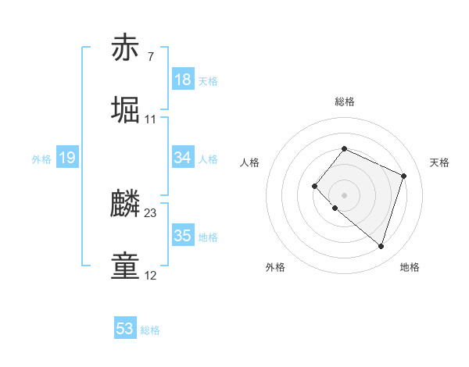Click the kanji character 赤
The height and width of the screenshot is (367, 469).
point(125,48)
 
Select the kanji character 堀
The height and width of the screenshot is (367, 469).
point(125,110)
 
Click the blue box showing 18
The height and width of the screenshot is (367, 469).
point(183,80)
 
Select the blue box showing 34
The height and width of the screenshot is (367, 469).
point(183,158)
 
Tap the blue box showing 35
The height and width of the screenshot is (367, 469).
point(183,236)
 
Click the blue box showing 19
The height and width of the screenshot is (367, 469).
point(66,159)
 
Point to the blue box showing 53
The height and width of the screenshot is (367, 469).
point(125,329)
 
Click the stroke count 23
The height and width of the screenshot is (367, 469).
point(151,212)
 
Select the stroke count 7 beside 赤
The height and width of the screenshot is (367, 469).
point(150,56)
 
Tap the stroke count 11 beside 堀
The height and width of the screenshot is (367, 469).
point(151,119)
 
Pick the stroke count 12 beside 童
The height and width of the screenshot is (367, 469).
point(151,275)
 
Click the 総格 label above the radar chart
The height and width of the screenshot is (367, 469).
point(345,102)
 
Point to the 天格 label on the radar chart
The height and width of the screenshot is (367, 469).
point(440,162)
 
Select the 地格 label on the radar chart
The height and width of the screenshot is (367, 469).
point(410,267)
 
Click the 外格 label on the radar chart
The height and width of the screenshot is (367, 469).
point(275,267)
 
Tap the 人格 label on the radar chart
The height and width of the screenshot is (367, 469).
point(250,162)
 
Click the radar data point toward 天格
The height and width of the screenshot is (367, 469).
point(403,176)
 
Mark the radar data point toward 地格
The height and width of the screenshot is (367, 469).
point(381,246)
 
